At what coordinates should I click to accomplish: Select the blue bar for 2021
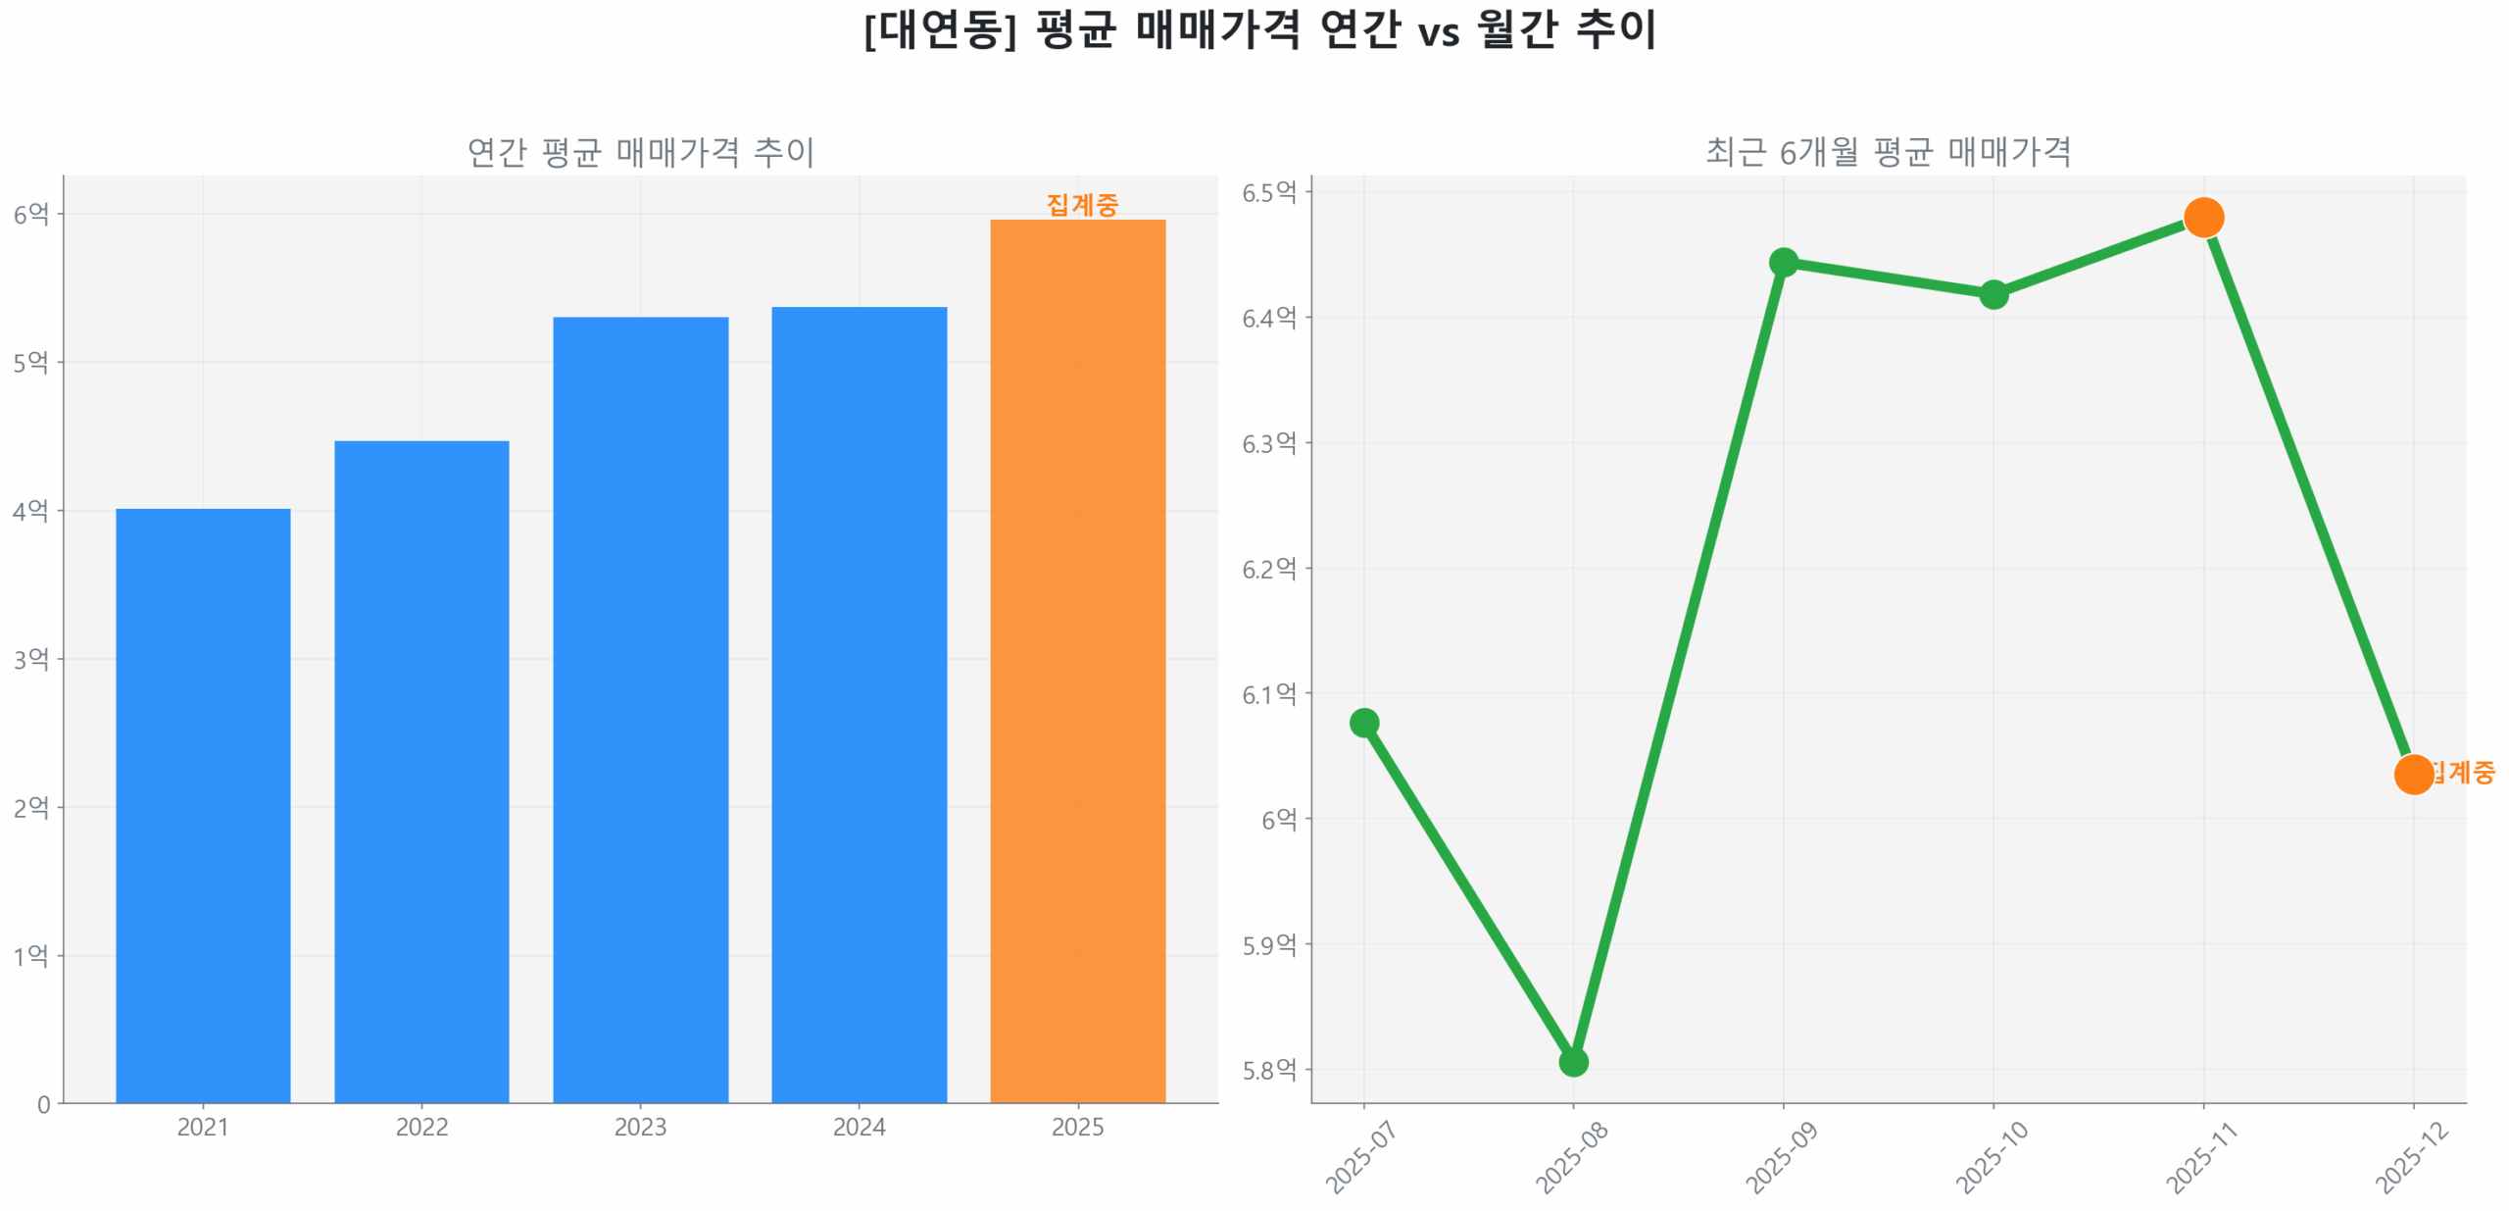(x=203, y=804)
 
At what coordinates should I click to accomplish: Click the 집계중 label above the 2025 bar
(x=1082, y=204)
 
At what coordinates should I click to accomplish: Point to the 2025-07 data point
(x=1363, y=723)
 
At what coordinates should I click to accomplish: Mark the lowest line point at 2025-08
(x=1573, y=1061)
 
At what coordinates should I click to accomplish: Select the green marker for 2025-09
(x=1783, y=262)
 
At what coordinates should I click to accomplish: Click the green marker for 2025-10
(x=1993, y=293)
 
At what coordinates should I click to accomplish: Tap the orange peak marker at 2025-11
(x=2203, y=217)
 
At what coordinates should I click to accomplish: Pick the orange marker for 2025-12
(x=2413, y=774)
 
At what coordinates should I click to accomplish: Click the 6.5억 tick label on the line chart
(x=1268, y=192)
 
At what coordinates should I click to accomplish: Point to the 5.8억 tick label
(x=1268, y=1069)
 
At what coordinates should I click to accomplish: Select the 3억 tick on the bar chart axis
(x=30, y=658)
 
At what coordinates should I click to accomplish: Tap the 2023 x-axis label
(x=640, y=1127)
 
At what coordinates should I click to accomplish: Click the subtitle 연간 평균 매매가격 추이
(x=640, y=152)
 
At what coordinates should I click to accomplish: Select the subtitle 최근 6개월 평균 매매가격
(x=1888, y=152)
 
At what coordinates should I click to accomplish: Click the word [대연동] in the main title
(x=939, y=29)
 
